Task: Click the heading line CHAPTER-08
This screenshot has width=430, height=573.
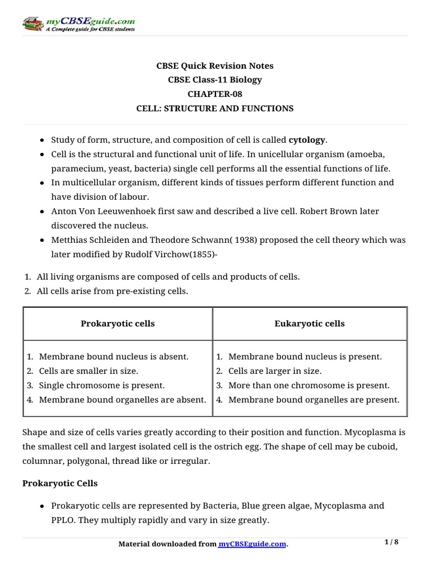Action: click(215, 94)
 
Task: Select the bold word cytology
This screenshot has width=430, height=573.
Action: click(307, 140)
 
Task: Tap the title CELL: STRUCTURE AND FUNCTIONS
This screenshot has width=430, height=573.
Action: click(215, 109)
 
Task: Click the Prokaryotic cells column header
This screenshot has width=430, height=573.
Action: click(118, 323)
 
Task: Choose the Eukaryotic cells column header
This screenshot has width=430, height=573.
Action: click(310, 323)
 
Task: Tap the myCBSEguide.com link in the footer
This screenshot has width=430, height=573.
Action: click(252, 544)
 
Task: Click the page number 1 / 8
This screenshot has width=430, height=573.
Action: click(394, 542)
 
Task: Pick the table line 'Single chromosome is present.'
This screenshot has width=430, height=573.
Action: click(102, 386)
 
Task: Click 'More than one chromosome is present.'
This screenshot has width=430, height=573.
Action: click(309, 386)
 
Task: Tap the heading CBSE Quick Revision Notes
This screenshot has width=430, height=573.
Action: click(215, 65)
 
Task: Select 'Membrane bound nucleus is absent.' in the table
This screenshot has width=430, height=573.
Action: click(114, 356)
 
